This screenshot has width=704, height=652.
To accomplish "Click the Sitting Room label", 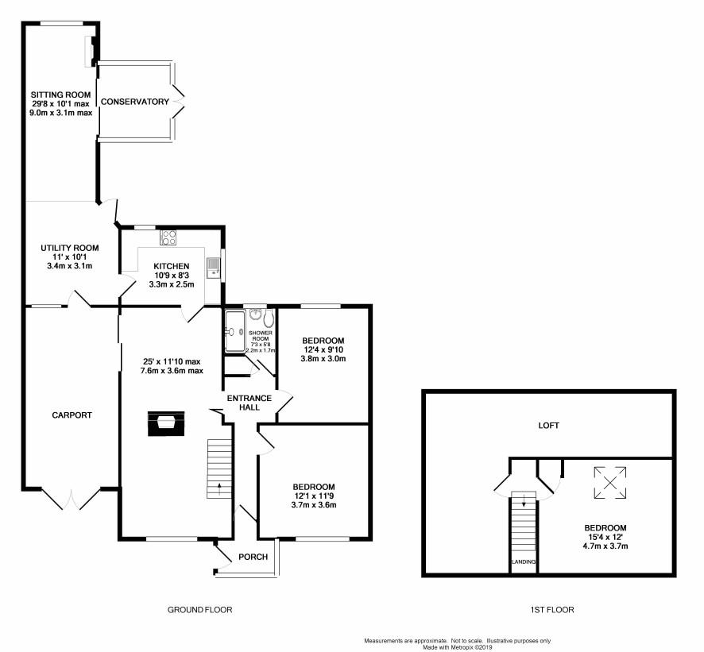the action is [60, 95].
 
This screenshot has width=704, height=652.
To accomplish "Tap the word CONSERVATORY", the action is [135, 102].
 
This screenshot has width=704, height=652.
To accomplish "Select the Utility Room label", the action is [70, 248].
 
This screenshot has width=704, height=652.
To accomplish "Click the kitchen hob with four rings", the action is [168, 237].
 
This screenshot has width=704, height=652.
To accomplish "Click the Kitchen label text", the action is [172, 266].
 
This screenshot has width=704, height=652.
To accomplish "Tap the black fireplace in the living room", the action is [166, 423].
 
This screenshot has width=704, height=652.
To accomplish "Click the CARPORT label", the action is [72, 415].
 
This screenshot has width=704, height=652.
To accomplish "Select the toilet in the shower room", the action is [269, 317].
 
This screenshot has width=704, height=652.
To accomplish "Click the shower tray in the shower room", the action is [235, 331].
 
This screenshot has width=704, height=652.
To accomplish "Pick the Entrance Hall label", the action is [249, 403].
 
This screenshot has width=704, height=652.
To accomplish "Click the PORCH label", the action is [253, 557].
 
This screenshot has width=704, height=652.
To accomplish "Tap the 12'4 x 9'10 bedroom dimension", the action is [323, 350].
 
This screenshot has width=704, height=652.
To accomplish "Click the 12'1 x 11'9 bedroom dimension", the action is [314, 496].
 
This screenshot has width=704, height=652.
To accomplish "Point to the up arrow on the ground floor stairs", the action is [219, 488].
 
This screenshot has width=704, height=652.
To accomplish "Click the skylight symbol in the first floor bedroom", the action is [610, 483].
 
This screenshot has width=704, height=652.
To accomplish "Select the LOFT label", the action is [548, 426].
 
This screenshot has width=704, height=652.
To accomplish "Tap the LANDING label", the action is [524, 561].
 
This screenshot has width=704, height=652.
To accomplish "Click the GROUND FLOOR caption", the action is [199, 610].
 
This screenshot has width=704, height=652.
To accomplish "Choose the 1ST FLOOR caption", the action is [551, 610].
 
